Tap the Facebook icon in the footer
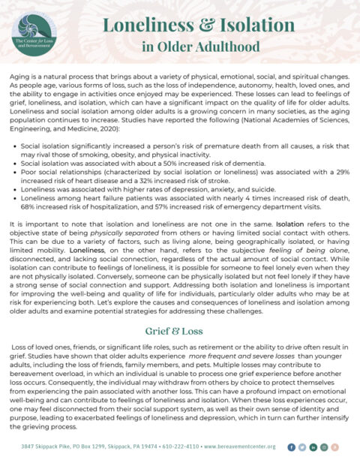291,446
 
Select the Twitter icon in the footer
301,446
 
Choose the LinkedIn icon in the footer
313,446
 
